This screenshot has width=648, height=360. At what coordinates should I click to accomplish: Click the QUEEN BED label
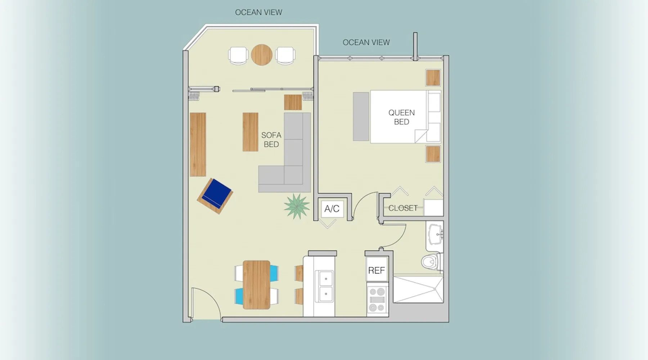pos(401,117)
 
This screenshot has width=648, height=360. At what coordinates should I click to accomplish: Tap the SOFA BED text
pos(271,140)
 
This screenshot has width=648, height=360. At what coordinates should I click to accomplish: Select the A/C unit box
pos(332,208)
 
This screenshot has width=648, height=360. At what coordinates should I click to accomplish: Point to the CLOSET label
pos(403,208)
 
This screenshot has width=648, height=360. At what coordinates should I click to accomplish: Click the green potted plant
pos(296,206)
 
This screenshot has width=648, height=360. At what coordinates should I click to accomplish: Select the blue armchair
pos(215,196)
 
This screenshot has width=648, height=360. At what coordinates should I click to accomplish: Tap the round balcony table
pos(262,55)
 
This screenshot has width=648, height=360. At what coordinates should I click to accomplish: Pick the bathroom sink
pos(435,235)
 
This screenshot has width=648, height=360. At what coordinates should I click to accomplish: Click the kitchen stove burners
pos(377,300)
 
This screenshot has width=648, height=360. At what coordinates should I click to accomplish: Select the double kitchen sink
pos(325,287)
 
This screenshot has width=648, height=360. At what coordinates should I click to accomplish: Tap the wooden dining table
pos(256,285)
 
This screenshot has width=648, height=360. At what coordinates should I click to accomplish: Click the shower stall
pos(418,289)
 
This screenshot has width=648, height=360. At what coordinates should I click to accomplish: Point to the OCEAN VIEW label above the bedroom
pos(366,42)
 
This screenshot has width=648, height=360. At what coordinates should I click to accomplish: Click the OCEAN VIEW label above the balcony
pos(258,12)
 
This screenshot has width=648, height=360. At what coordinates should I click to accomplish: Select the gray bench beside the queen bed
pos(361,116)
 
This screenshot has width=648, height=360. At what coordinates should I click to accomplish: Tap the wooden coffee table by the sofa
pos(250,132)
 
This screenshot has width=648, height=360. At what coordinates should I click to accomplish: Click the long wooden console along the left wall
pos(198,144)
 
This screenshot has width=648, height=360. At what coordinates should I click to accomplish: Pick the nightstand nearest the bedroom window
pos(433,77)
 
